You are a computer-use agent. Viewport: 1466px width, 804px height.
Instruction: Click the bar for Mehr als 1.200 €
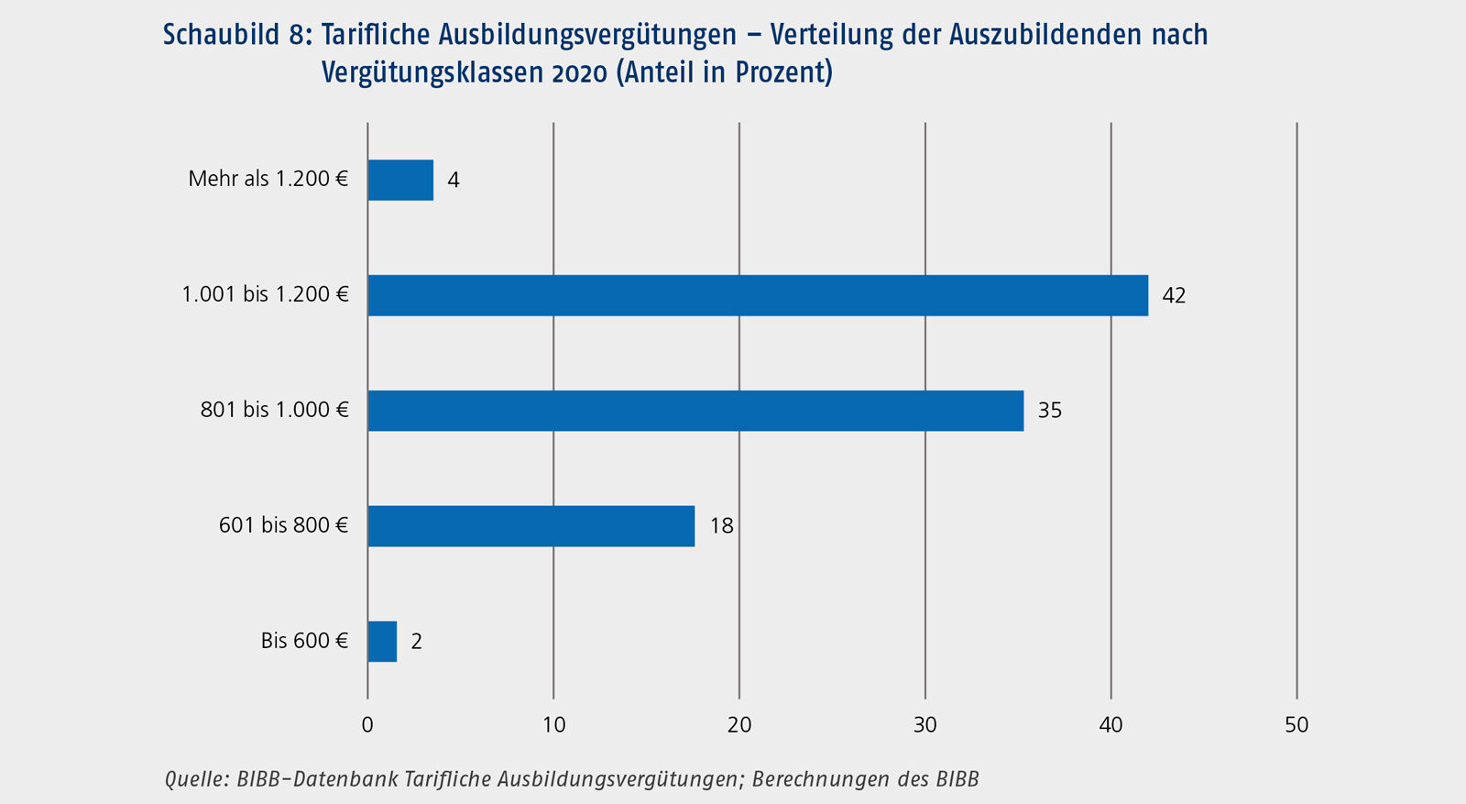click(x=400, y=180)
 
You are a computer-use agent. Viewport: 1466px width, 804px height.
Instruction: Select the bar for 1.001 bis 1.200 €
click(x=758, y=295)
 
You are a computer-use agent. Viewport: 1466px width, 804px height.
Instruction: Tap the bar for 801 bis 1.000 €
click(x=695, y=411)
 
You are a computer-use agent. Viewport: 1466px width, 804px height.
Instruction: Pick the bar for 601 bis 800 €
click(x=531, y=526)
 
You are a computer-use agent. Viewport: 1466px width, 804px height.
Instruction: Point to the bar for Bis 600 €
click(x=382, y=642)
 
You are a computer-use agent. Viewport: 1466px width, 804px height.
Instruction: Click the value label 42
click(x=1174, y=295)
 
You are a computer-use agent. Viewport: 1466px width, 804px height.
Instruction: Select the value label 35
click(x=1049, y=411)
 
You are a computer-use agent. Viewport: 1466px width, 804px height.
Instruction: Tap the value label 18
click(x=722, y=526)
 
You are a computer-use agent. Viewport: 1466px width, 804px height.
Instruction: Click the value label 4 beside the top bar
click(x=454, y=180)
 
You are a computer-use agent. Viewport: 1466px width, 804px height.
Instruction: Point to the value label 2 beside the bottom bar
click(x=417, y=642)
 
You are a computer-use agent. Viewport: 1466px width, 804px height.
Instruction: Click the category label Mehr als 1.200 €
click(x=268, y=179)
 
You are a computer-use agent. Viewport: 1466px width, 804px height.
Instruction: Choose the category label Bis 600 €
click(x=304, y=641)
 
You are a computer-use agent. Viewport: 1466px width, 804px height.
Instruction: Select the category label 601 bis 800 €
click(x=283, y=525)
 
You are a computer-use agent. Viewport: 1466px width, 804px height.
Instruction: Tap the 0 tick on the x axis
click(x=367, y=725)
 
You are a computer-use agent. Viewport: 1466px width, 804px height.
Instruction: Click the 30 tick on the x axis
click(x=925, y=725)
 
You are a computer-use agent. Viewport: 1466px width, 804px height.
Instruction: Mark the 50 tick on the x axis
click(x=1296, y=725)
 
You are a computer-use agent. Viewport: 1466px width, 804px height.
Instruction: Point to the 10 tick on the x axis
click(x=553, y=725)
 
